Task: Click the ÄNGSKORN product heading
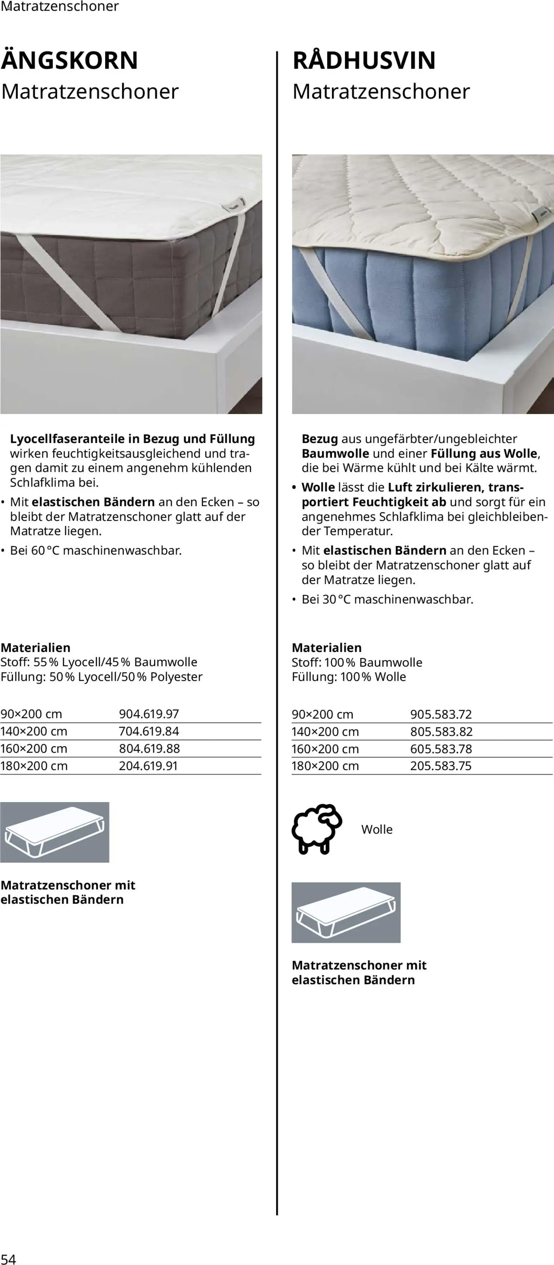pos(69,60)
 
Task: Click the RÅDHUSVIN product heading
pos(364,60)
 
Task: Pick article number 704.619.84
pos(149,731)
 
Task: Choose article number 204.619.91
pos(148,766)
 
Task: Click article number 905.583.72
pos(441,714)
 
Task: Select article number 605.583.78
pos(441,749)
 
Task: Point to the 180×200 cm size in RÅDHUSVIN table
pos(325,766)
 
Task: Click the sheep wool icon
pos(317,829)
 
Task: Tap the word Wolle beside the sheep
pos(377,830)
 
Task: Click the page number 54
pos(8,1259)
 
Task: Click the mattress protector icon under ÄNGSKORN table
pos(55,832)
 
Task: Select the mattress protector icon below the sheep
pos(346,912)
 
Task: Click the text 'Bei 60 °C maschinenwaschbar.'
pos(96,551)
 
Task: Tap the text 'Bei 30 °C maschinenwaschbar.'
pos(387,599)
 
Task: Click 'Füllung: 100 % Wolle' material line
pos(349,677)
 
